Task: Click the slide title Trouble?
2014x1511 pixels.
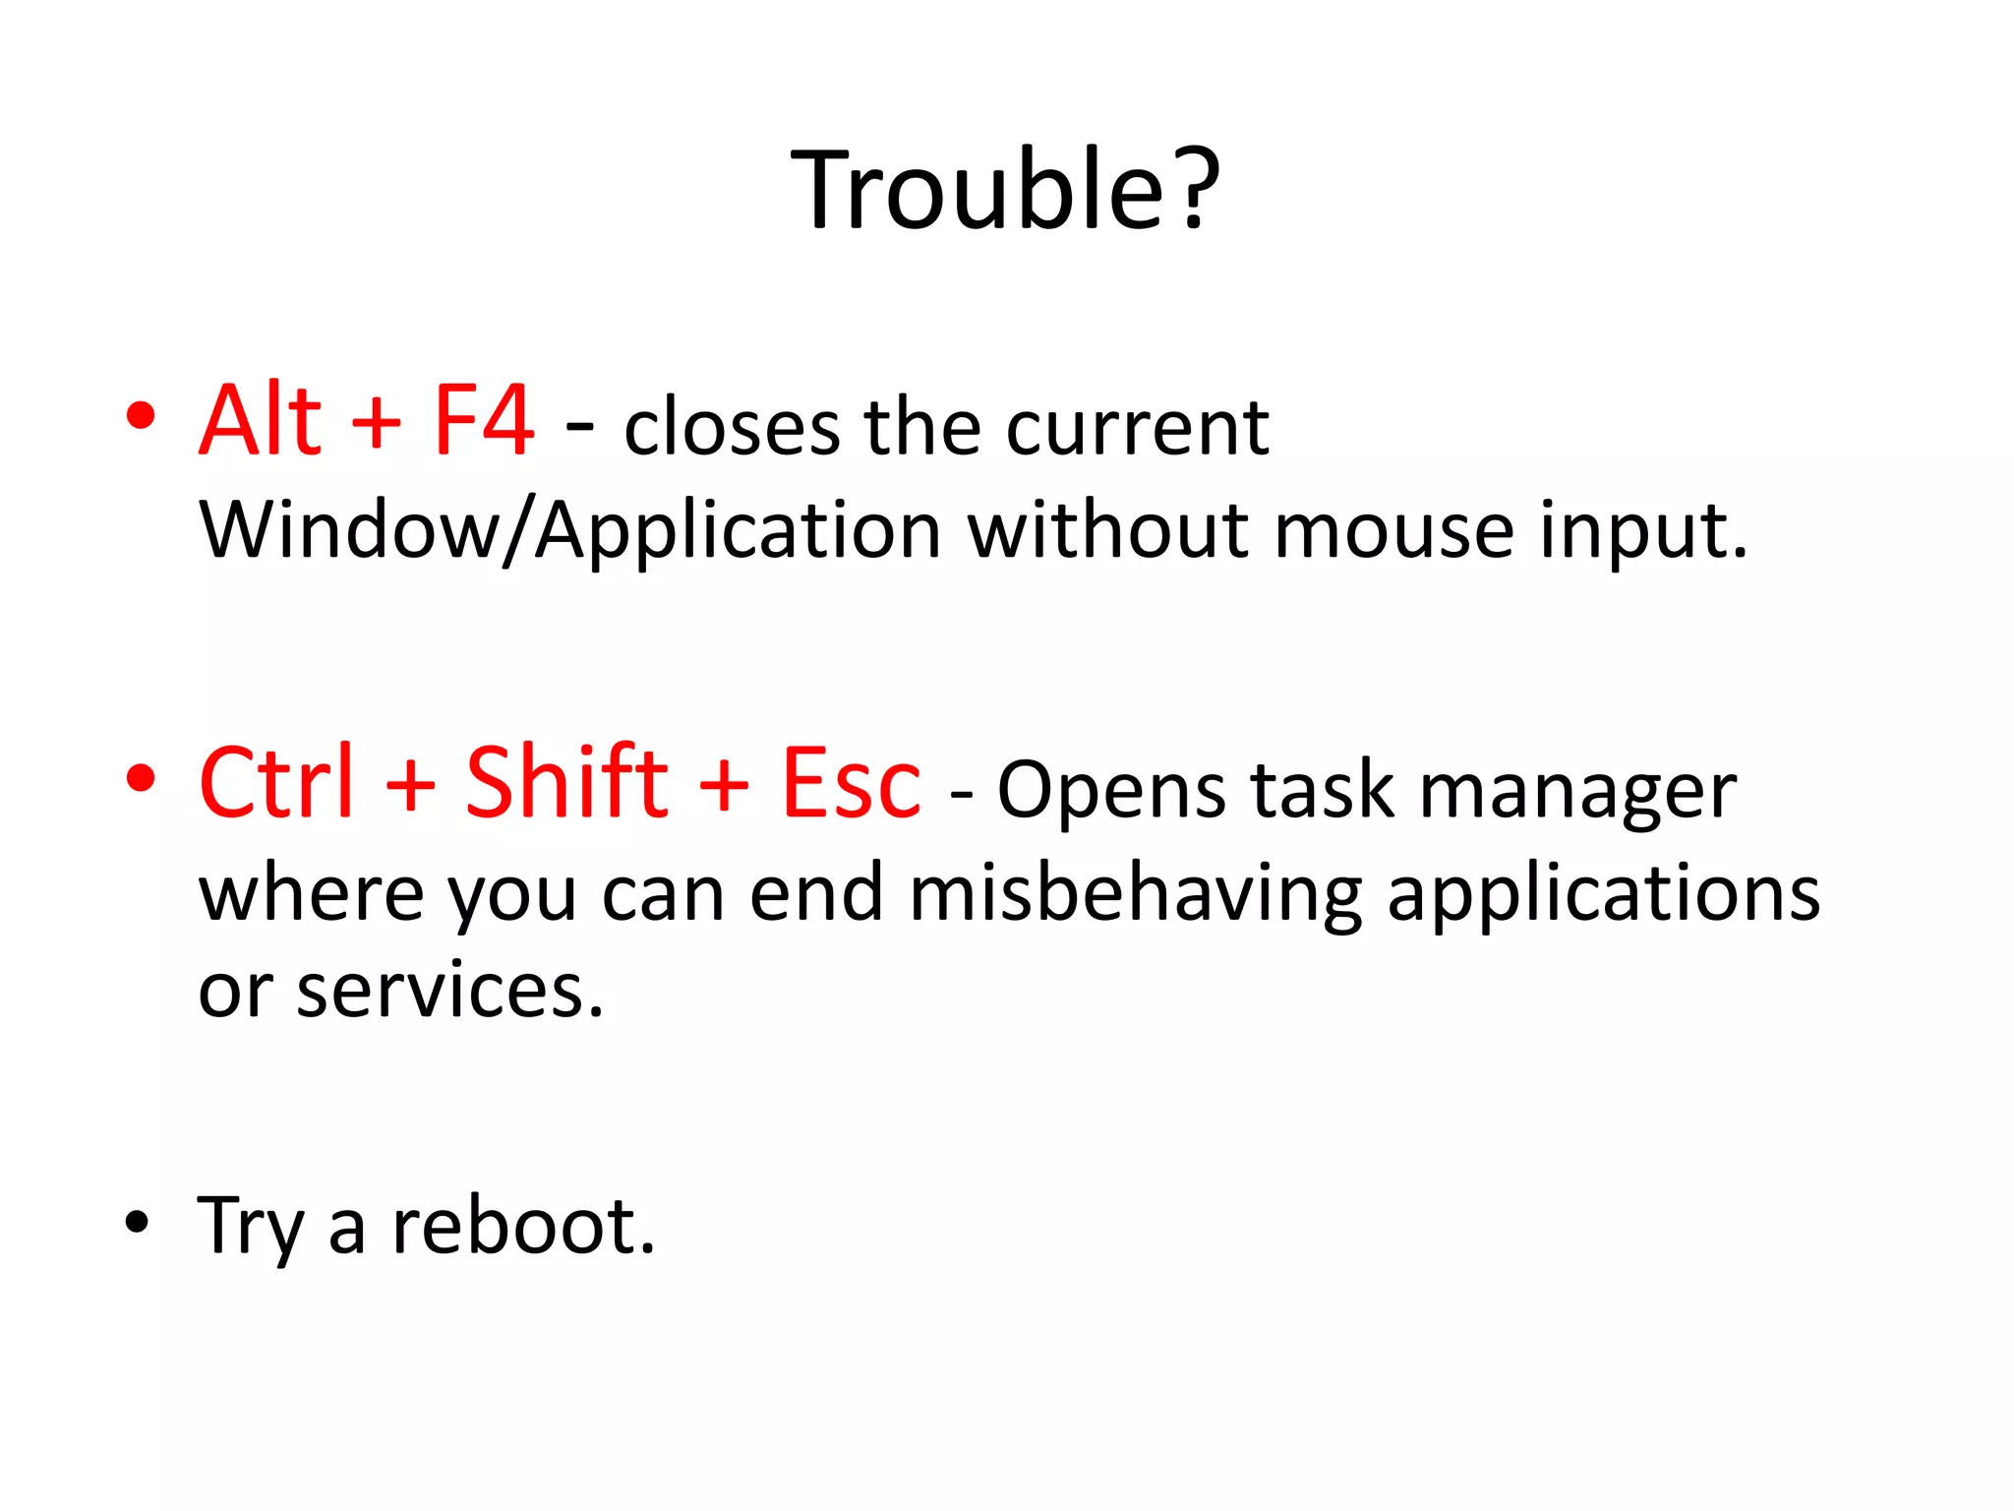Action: (1005, 189)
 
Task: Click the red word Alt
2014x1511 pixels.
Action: (261, 421)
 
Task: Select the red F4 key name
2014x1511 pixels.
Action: (484, 421)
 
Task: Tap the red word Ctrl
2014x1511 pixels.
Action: (276, 783)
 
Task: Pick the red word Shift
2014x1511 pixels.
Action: (566, 783)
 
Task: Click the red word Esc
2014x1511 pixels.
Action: (852, 785)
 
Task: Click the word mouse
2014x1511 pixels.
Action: (1393, 531)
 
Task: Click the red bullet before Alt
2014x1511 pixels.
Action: (141, 416)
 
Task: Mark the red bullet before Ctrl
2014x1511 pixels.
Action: (141, 778)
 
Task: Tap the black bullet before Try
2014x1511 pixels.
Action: (138, 1222)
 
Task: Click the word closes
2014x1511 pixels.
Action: (732, 429)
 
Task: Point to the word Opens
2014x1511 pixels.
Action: (1111, 791)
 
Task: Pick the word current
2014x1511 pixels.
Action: (1137, 429)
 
